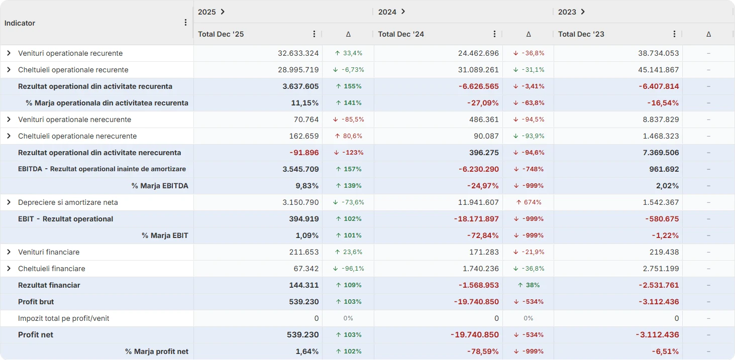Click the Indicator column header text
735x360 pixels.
[x=20, y=23]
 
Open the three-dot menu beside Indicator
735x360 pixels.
[x=185, y=22]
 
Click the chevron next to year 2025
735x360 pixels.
[x=223, y=12]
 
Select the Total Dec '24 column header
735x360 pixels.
[x=401, y=34]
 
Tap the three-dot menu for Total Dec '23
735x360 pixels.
[x=674, y=34]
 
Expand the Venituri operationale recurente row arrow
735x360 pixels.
[x=9, y=53]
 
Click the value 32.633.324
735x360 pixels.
[x=298, y=53]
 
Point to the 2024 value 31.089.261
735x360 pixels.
[x=478, y=70]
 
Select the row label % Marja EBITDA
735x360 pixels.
[x=160, y=186]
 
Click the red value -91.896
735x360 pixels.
[x=304, y=153]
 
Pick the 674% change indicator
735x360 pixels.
[x=529, y=202]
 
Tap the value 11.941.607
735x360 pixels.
[x=478, y=202]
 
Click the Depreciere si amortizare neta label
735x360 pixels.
[x=68, y=202]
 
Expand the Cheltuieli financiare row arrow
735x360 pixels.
[x=9, y=269]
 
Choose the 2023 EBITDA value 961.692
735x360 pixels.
[x=664, y=169]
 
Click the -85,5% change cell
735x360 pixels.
[x=349, y=119]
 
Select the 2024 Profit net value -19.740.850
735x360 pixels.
[x=475, y=335]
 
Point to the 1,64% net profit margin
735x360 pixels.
[x=307, y=351]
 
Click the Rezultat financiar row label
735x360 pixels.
[x=49, y=285]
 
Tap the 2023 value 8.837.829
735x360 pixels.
[x=661, y=119]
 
